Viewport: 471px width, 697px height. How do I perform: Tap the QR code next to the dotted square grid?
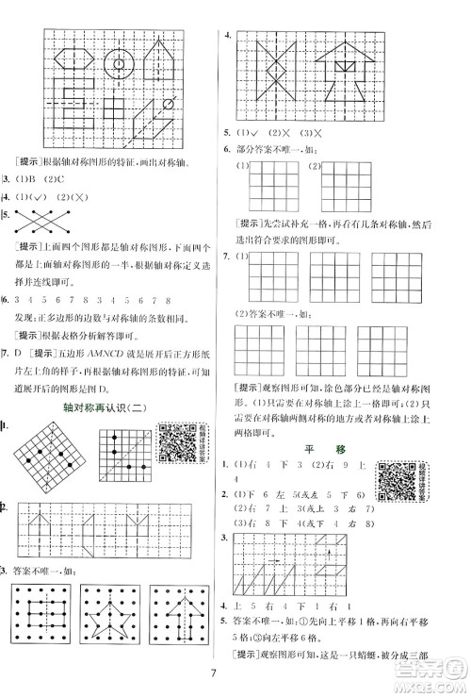[x=177, y=443]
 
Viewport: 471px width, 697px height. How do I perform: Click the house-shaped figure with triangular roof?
[x=343, y=75]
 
